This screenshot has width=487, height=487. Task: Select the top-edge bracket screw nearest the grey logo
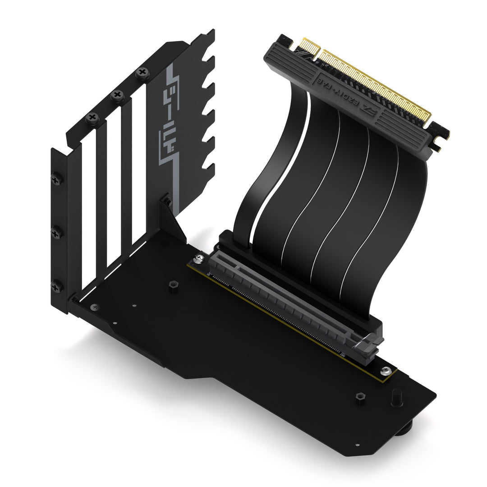tap(142, 72)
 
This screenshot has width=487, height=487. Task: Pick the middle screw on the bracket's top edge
tap(117, 95)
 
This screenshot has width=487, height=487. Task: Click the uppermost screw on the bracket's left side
tap(57, 179)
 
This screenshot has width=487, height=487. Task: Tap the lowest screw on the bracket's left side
tap(57, 286)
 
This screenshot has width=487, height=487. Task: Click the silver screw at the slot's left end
tap(199, 259)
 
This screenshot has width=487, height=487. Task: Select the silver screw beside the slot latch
tap(385, 371)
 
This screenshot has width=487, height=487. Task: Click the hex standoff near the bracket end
tap(173, 286)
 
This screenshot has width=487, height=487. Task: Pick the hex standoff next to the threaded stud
tap(360, 398)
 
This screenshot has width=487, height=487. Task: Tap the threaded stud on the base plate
tap(397, 397)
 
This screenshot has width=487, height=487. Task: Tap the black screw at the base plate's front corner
tap(94, 307)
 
